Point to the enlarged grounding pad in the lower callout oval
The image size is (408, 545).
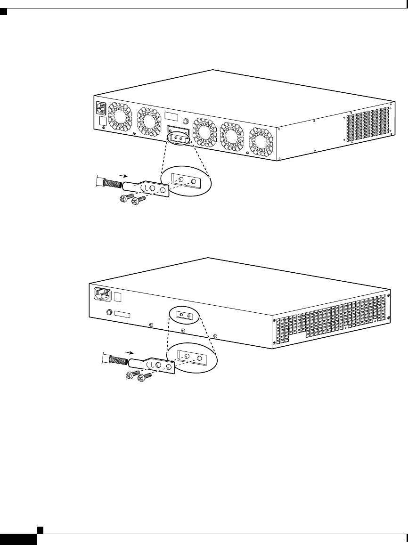click(193, 358)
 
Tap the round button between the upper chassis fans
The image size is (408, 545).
click(186, 121)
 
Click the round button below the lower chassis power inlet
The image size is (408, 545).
click(110, 312)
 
